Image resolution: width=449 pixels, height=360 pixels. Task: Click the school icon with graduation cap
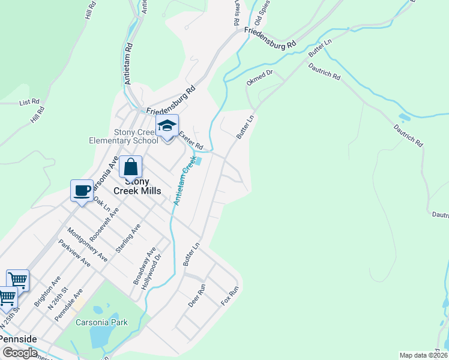[167, 126]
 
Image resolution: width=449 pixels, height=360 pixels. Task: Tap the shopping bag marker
[130, 167]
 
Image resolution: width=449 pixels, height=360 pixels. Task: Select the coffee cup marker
[82, 191]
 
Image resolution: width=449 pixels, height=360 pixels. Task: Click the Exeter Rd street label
[191, 142]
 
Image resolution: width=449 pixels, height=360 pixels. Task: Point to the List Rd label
[29, 102]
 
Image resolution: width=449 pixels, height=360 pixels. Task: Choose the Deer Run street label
[197, 296]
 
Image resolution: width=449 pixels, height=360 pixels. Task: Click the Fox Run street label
[230, 296]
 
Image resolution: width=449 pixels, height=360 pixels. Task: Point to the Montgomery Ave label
[88, 244]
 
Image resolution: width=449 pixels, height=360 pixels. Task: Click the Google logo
[20, 353]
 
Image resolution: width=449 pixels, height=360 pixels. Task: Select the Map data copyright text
[423, 355]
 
